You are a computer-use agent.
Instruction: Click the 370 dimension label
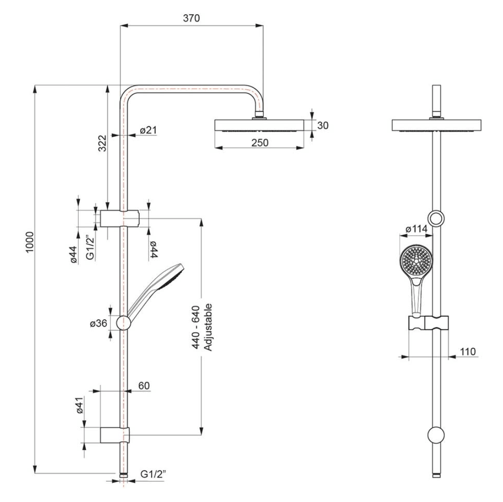click(191, 18)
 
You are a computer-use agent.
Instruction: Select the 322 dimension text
click(102, 143)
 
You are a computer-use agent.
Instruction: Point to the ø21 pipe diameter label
click(148, 130)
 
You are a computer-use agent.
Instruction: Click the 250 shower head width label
click(260, 142)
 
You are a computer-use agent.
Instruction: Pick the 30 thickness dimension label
click(323, 125)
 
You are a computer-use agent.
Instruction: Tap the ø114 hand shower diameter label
click(416, 229)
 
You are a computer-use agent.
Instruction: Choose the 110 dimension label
click(468, 351)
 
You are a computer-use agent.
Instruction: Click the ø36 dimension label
click(99, 323)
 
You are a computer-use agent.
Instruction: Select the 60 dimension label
click(144, 385)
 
